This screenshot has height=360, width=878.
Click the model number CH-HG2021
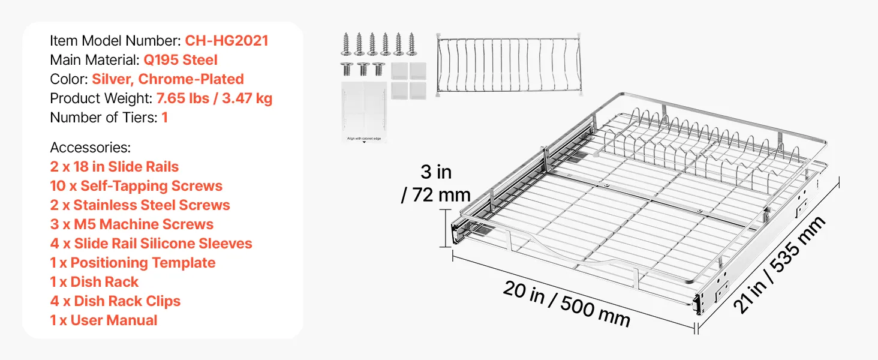point(227,41)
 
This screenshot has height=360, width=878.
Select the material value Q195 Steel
point(181,60)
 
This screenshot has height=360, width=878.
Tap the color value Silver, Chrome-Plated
point(168,79)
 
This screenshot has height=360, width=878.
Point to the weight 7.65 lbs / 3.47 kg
point(214,98)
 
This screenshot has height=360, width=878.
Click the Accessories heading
point(90,148)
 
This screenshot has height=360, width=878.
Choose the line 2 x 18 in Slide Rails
point(114,167)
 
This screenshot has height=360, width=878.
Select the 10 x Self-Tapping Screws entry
point(136,186)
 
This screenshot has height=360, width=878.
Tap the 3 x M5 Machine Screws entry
point(132,224)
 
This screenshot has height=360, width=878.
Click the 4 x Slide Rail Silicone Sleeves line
point(151,244)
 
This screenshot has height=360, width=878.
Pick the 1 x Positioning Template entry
point(133,263)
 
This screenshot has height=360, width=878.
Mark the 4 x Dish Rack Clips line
point(115,301)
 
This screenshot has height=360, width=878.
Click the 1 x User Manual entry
point(104,320)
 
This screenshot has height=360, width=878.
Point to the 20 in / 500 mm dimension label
point(566,304)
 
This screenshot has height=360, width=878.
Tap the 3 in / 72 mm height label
point(436,184)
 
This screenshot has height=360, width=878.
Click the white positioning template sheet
point(364,112)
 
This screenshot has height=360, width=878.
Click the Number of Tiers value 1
point(164,118)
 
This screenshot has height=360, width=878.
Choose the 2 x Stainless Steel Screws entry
point(140,205)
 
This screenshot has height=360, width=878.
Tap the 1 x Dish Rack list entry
point(94,282)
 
